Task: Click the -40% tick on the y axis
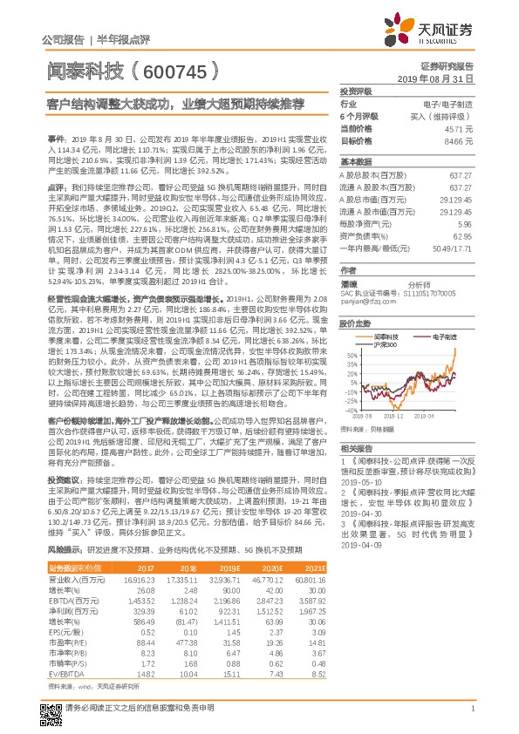pyautogui.click(x=350, y=410)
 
